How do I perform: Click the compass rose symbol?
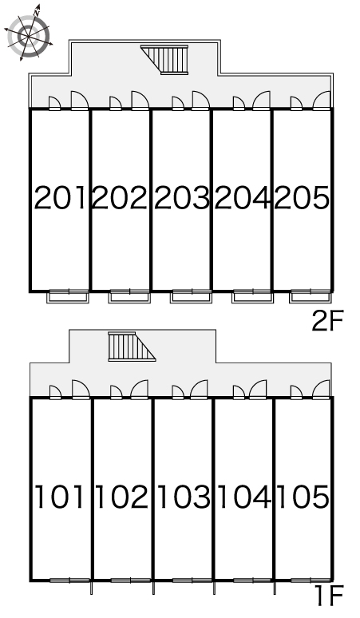(x=29, y=35)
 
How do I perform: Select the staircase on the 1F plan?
(x=130, y=347)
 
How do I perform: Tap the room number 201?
(x=60, y=198)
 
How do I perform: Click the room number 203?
(x=181, y=198)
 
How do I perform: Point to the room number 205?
(x=302, y=198)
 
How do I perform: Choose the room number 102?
(x=121, y=497)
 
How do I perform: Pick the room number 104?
(x=244, y=497)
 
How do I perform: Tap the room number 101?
(x=60, y=497)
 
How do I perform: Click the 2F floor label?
(x=328, y=321)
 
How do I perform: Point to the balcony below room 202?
(x=129, y=296)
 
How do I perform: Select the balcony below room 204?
(x=252, y=296)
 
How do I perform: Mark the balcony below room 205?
(x=310, y=296)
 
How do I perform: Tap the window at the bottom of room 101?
(x=69, y=580)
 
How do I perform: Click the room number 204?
(x=243, y=198)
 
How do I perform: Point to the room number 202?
(x=120, y=198)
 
